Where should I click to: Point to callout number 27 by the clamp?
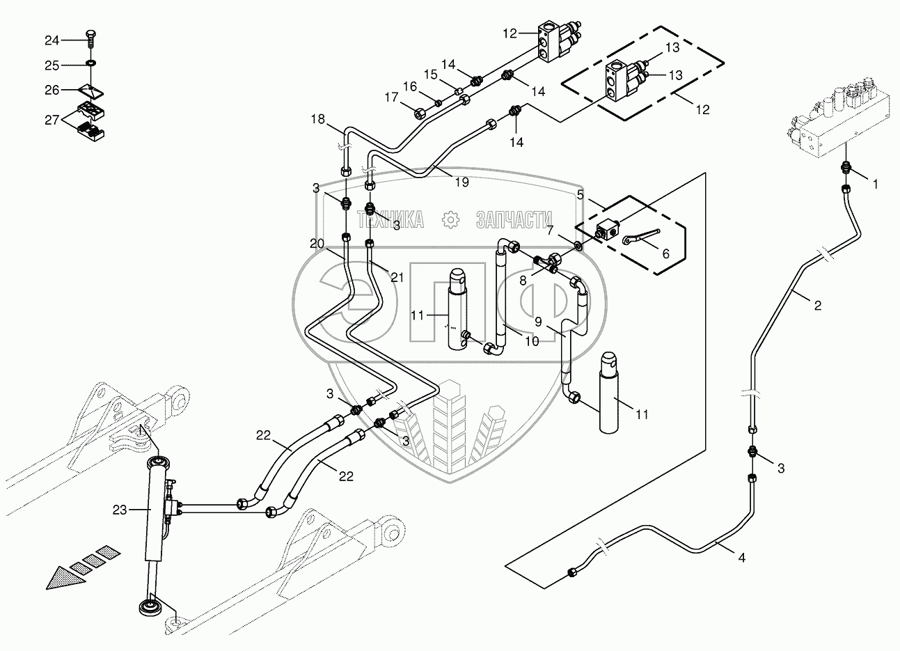tap(53, 120)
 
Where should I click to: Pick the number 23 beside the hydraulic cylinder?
tap(120, 510)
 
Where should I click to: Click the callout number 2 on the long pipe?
tap(817, 305)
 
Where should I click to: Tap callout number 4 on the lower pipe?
tap(741, 558)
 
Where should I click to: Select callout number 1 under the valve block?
tap(875, 185)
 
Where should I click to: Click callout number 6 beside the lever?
tap(665, 254)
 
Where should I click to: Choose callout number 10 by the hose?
tap(531, 341)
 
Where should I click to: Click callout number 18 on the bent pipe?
tap(317, 120)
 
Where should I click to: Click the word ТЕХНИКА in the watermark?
tap(390, 220)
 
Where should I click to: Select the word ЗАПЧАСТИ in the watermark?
tap(514, 220)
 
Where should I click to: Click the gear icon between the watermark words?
tap(451, 220)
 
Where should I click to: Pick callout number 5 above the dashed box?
tap(580, 194)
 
